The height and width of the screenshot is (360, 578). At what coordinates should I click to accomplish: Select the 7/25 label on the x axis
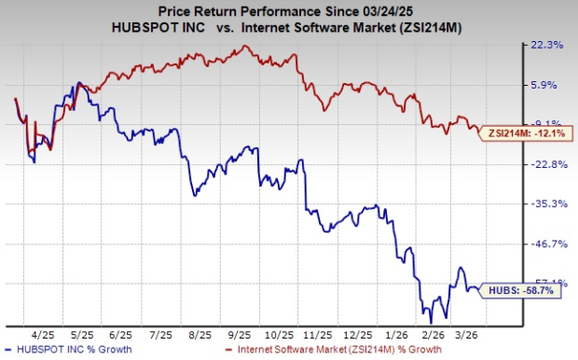[161, 333]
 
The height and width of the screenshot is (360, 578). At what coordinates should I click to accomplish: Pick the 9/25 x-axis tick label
[240, 333]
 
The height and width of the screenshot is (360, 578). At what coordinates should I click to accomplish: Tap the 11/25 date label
[318, 333]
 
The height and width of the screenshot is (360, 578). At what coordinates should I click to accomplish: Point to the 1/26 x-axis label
[396, 333]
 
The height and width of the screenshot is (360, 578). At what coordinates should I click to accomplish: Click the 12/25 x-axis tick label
[357, 333]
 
